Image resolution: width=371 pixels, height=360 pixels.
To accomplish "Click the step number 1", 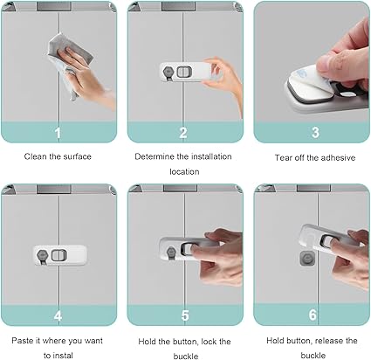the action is point(58,133).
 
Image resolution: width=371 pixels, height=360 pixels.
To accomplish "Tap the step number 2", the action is point(183,133).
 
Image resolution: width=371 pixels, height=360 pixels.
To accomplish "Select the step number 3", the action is point(315,132).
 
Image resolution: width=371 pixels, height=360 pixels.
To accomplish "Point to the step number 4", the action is point(58,315).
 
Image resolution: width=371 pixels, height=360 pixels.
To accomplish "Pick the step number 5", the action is point(185,315).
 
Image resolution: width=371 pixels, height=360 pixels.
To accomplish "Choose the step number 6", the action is point(313,315).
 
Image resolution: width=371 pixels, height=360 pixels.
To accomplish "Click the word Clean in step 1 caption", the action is point(36,156).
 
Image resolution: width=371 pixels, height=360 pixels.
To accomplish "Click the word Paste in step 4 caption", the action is point(22,341).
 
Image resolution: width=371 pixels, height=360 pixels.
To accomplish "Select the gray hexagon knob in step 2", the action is point(168,72).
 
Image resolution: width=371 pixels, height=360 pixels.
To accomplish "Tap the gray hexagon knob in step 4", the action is point(43,255).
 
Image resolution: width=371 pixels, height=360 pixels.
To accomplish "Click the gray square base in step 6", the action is point(307,258).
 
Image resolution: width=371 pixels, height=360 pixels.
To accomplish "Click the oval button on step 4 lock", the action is point(58,255).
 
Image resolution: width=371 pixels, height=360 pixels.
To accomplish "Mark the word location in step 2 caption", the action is point(184,171).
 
